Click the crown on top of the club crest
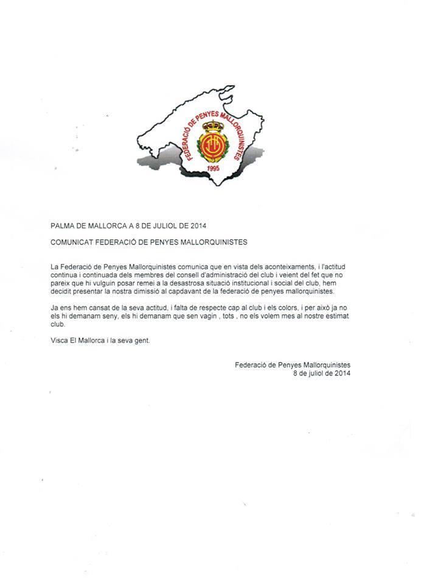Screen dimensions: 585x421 coord(212,127)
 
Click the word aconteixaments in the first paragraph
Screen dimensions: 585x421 coord(296,267)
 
